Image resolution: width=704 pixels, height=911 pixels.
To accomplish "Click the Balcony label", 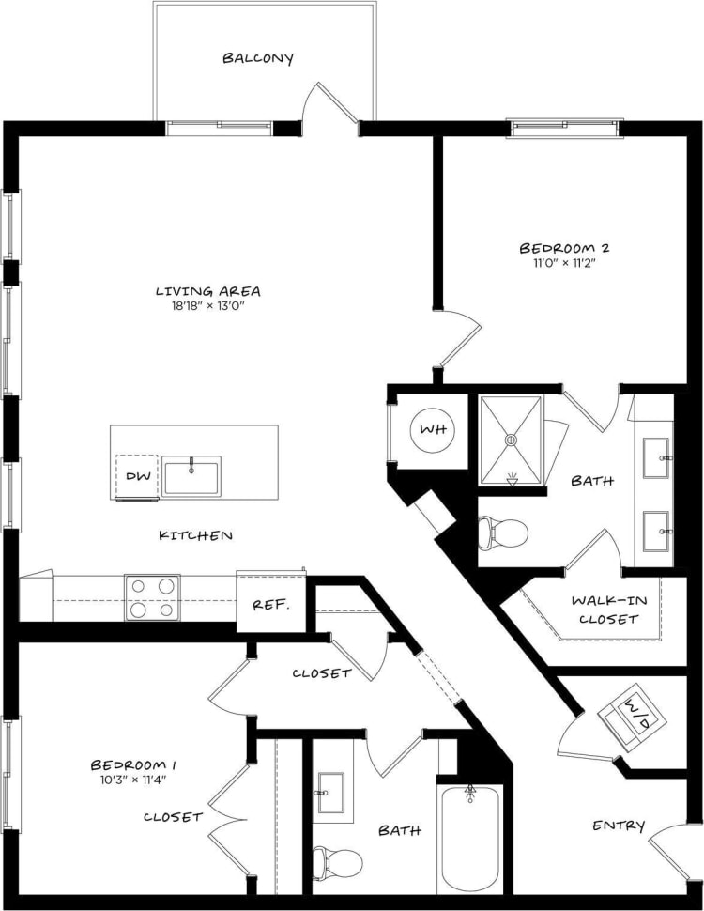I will pyautogui.click(x=258, y=58).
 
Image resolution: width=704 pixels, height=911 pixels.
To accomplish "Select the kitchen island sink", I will pyautogui.click(x=191, y=475).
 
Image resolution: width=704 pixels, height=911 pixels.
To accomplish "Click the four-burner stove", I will pyautogui.click(x=152, y=597).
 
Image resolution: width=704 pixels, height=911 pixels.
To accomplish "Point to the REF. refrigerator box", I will pyautogui.click(x=270, y=603).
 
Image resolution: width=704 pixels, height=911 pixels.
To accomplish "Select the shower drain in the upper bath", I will pyautogui.click(x=512, y=439).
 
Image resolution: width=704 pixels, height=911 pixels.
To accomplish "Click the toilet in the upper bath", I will pyautogui.click(x=501, y=533).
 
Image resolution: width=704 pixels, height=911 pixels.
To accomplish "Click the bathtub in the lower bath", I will pyautogui.click(x=470, y=838).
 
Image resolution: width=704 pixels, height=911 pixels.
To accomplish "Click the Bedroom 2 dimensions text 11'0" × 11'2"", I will pyautogui.click(x=564, y=263).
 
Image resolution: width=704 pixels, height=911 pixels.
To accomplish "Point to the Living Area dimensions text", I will pyautogui.click(x=208, y=306).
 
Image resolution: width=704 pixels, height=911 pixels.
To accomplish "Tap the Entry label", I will pyautogui.click(x=619, y=826).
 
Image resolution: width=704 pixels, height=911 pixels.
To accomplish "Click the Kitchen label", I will pyautogui.click(x=195, y=535).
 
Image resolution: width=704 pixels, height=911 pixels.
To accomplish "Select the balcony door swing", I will pyautogui.click(x=331, y=105).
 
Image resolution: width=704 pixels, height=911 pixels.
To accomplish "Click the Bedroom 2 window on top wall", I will pyautogui.click(x=565, y=129).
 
